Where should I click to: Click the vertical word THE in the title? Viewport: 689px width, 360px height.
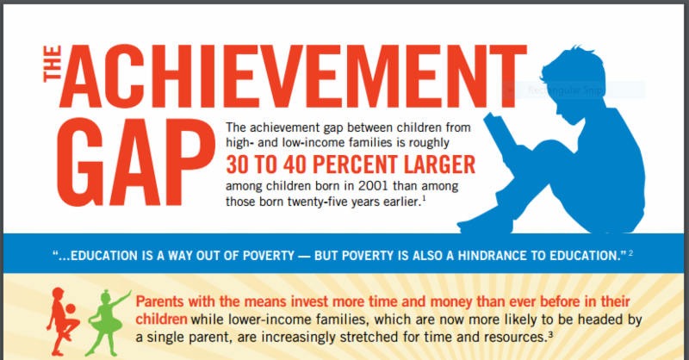53,65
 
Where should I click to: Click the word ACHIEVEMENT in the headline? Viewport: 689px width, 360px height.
293,76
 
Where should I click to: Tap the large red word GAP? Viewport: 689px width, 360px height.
136,162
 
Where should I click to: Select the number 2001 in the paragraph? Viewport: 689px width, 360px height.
373,186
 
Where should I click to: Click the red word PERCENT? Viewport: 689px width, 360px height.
355,164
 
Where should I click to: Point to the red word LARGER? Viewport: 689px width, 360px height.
439,164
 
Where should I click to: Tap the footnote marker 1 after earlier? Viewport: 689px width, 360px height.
424,198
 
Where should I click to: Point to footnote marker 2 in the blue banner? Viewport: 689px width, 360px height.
631,252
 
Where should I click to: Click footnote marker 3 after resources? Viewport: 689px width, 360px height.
549,333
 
